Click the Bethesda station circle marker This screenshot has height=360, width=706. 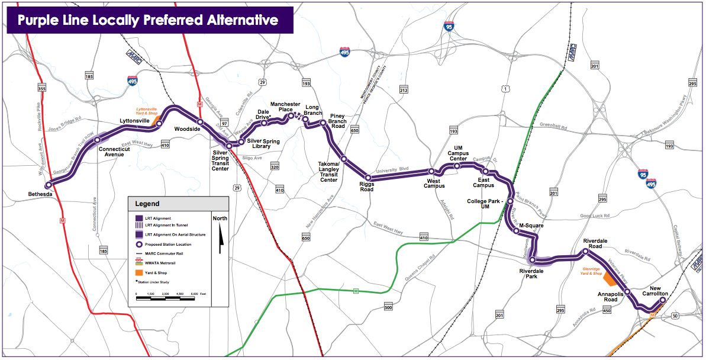click(x=49, y=184)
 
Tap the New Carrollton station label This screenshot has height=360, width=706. click(x=655, y=291)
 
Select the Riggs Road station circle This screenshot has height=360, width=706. click(x=368, y=178)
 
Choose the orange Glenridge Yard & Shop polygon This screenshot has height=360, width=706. click(x=609, y=280)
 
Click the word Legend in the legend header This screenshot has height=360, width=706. click(x=147, y=204)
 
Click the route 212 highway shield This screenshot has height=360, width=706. click(x=404, y=90)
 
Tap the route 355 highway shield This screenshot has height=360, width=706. click(x=41, y=88)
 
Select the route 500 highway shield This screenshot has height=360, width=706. click(x=388, y=307)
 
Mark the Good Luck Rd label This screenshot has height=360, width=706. click(x=594, y=217)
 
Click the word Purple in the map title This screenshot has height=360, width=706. click(x=40, y=20)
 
